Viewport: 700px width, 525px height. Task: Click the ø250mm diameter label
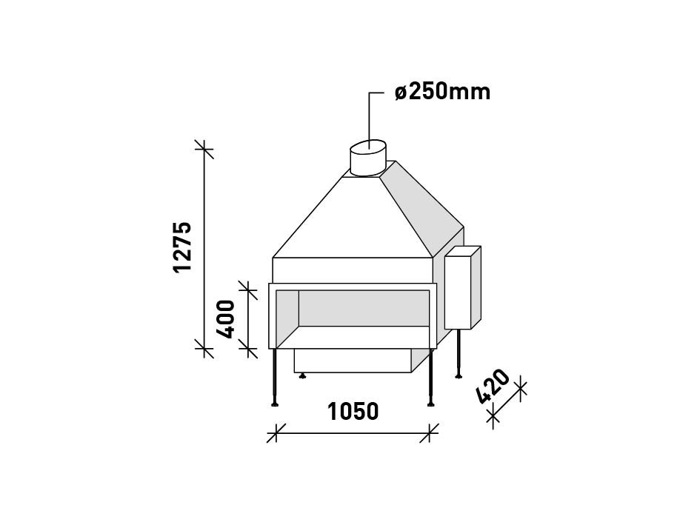pos(442,92)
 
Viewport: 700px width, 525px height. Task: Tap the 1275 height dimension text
pos(182,247)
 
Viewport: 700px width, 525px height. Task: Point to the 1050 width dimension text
pos(353,412)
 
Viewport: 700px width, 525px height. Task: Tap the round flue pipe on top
pos(367,158)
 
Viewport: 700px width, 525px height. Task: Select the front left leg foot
pos(276,403)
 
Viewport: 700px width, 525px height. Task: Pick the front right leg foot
pos(430,403)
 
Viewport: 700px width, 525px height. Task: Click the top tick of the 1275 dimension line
pos(204,150)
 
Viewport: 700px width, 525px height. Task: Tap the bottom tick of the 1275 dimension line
pos(204,347)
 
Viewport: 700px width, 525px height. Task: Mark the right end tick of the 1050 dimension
pos(429,433)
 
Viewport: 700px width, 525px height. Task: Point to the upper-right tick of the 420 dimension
pos(519,389)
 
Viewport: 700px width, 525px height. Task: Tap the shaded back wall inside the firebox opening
pos(363,307)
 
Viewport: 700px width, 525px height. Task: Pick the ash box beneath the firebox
pos(352,361)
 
